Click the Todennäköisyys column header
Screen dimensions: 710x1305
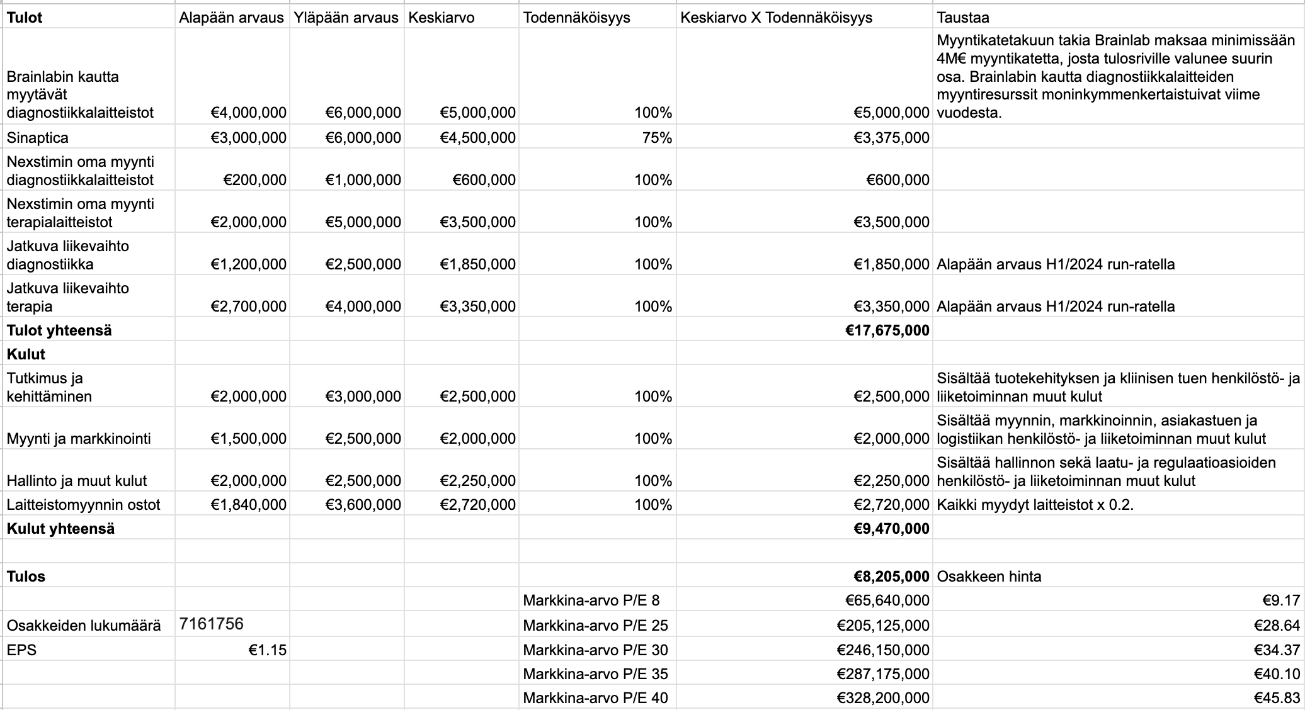click(x=576, y=18)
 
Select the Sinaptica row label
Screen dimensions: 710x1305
click(x=38, y=138)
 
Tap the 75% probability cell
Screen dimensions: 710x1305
click(x=657, y=138)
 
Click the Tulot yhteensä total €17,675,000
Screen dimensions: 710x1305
click(x=887, y=330)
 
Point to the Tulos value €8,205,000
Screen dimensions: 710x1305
click(x=891, y=577)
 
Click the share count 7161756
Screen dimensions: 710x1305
click(x=211, y=624)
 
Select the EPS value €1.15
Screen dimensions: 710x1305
click(x=267, y=650)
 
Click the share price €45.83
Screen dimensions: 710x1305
click(x=1281, y=698)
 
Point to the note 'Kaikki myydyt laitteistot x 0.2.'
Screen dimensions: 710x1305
click(x=1035, y=505)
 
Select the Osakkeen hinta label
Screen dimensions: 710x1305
click(x=989, y=577)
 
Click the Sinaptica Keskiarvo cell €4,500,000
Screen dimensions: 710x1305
click(x=477, y=138)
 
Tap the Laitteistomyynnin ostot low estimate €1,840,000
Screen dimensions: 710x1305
click(x=248, y=505)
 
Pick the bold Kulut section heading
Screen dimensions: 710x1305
click(x=26, y=354)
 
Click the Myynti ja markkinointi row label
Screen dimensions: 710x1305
click(x=79, y=439)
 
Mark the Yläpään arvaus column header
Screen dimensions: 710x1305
click(x=346, y=18)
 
